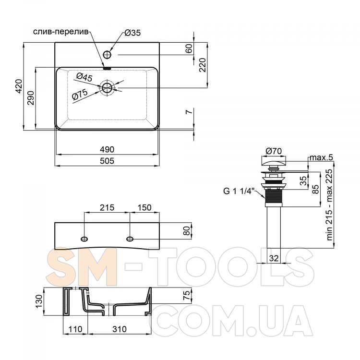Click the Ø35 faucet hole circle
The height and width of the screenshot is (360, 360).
pos(107,55)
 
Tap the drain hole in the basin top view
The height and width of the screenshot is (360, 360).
pos(107,88)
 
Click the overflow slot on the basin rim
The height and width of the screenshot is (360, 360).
pos(107,68)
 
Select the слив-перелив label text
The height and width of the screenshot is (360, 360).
pos(60,32)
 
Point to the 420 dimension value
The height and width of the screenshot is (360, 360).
pos(19,86)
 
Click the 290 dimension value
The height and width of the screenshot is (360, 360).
pos(31,98)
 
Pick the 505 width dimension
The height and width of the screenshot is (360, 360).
pos(107,161)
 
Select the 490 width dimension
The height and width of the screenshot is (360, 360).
pos(107,149)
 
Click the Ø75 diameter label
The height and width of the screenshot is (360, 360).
pos(80,95)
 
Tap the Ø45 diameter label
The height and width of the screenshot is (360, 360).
pos(84,77)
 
